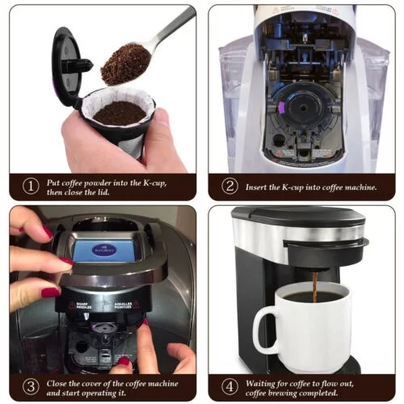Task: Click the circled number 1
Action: point(30,186)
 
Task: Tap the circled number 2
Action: point(230,186)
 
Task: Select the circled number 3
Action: point(30,385)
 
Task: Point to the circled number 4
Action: point(230,385)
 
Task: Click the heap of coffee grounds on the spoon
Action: point(125,65)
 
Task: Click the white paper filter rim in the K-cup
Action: point(121,97)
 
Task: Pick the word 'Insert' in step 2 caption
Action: point(263,187)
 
